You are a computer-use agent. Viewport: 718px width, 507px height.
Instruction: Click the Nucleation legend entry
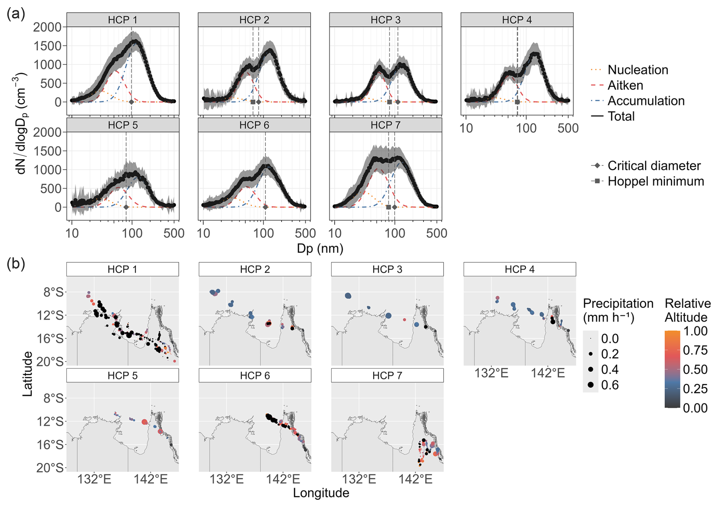(x=638, y=70)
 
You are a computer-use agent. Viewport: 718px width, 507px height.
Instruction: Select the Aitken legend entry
(x=625, y=85)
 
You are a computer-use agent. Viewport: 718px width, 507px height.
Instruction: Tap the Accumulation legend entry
(x=646, y=101)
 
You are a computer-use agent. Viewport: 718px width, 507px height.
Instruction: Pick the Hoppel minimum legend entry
(x=655, y=182)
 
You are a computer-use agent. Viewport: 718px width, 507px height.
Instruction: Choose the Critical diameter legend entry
(x=654, y=166)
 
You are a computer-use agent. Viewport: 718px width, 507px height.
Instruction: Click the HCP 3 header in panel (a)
(x=386, y=20)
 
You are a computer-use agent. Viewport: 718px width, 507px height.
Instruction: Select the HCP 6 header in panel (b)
(x=255, y=376)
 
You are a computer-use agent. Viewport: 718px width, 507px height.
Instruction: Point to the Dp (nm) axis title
(x=320, y=248)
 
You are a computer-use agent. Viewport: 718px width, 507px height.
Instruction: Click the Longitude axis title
(x=321, y=493)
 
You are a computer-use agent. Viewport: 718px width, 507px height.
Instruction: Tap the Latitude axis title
(x=27, y=374)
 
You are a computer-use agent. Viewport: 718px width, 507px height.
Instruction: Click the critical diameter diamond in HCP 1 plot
(x=132, y=102)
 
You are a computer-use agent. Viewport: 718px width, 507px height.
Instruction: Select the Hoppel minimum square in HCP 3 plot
(x=389, y=102)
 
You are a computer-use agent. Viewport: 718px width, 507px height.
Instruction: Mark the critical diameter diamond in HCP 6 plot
(x=265, y=207)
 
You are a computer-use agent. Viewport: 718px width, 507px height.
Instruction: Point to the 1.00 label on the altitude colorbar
(x=695, y=331)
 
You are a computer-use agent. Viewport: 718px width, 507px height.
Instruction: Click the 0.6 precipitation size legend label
(x=610, y=385)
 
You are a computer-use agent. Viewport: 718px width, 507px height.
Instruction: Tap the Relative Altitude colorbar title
(x=688, y=310)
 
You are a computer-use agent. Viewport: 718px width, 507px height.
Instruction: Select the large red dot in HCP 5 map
(x=145, y=422)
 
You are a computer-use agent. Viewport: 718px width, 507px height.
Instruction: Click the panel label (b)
(x=16, y=264)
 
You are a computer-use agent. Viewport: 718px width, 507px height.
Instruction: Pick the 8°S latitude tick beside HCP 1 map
(x=54, y=292)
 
